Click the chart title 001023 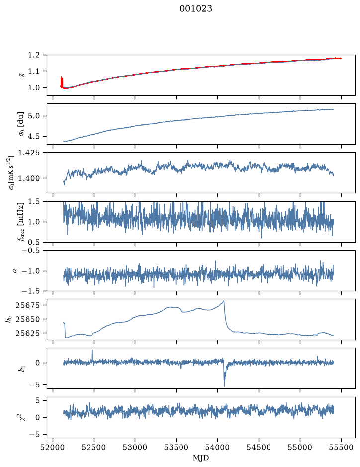[195, 9]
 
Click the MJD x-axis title [201, 457]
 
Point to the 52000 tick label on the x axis [53, 447]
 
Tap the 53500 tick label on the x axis [177, 447]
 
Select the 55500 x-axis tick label [341, 447]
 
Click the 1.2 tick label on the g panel [34, 55]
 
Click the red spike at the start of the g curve [62, 82]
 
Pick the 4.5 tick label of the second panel [34, 136]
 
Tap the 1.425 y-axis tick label [30, 153]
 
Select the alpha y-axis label [15, 271]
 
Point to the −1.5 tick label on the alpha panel [31, 291]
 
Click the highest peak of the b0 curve [224, 301]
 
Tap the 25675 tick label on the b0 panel [28, 305]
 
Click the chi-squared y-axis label [22, 417]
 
